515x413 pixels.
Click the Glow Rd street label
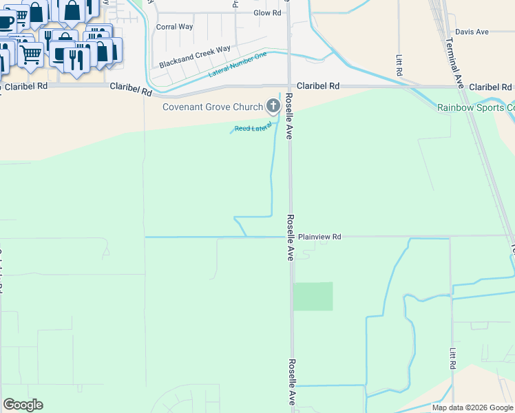pyautogui.click(x=267, y=13)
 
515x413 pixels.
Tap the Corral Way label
pyautogui.click(x=174, y=28)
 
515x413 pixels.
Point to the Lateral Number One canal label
pyautogui.click(x=237, y=64)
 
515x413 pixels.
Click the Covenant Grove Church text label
pyautogui.click(x=213, y=107)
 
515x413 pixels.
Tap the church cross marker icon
pyautogui.click(x=273, y=106)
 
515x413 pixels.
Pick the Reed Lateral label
pyautogui.click(x=253, y=127)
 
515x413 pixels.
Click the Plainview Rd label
pyautogui.click(x=319, y=237)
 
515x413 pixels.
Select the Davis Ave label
pyautogui.click(x=472, y=32)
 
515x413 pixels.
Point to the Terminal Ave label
pyautogui.click(x=455, y=62)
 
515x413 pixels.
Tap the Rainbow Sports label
pyautogui.click(x=476, y=107)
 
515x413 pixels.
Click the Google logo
pyautogui.click(x=23, y=405)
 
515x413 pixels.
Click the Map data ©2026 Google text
pyautogui.click(x=472, y=407)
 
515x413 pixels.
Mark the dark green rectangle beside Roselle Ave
pyautogui.click(x=313, y=296)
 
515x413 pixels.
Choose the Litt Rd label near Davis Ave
pyautogui.click(x=399, y=65)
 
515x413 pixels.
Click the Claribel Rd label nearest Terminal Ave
pyautogui.click(x=490, y=87)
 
